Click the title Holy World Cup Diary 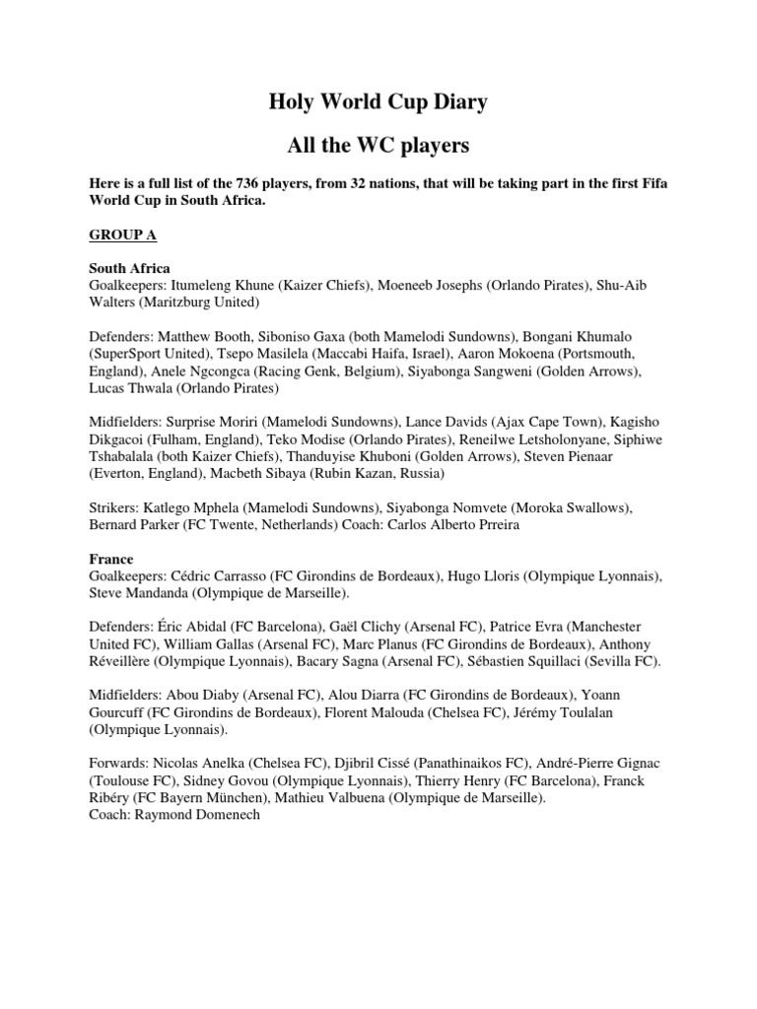378,101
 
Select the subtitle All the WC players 378,146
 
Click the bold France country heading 111,559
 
